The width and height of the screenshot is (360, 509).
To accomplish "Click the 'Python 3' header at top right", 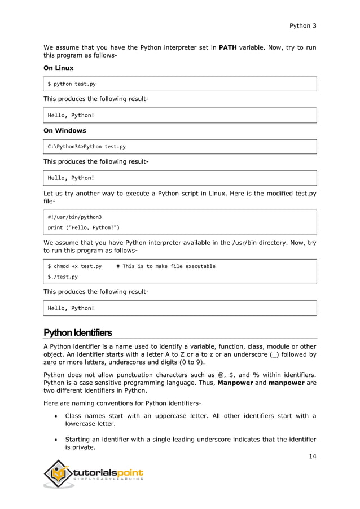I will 302,25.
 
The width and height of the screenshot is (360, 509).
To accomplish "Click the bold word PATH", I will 227,47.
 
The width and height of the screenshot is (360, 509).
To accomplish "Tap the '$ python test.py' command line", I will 72,84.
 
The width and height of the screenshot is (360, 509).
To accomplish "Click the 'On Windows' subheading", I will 65,130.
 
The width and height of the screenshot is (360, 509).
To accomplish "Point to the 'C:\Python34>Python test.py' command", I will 86,147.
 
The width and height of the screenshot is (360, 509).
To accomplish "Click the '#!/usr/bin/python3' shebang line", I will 74,217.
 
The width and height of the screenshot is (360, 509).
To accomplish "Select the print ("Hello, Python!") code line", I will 84,228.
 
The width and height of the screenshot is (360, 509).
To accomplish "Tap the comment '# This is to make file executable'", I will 165,266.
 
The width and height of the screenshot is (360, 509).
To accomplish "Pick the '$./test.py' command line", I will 63,277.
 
